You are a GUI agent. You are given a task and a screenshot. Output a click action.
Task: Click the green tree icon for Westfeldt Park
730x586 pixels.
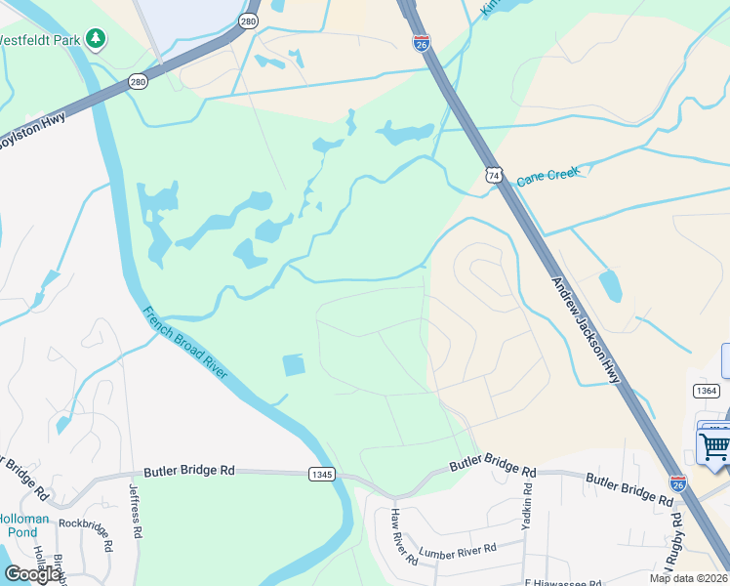tap(96, 39)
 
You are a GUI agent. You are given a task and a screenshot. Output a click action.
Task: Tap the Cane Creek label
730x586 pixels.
tap(547, 177)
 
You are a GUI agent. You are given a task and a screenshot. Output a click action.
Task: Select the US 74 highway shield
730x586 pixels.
tap(494, 175)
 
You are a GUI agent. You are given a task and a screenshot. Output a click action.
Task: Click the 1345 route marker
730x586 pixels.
tap(321, 474)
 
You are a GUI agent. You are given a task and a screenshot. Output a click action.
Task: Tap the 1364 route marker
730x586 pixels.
tap(707, 391)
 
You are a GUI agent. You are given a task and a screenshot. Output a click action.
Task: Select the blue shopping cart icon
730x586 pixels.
tap(714, 446)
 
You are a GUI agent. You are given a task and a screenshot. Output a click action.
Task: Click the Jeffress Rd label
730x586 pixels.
tap(136, 513)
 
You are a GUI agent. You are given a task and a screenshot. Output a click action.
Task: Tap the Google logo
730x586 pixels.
tap(33, 573)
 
